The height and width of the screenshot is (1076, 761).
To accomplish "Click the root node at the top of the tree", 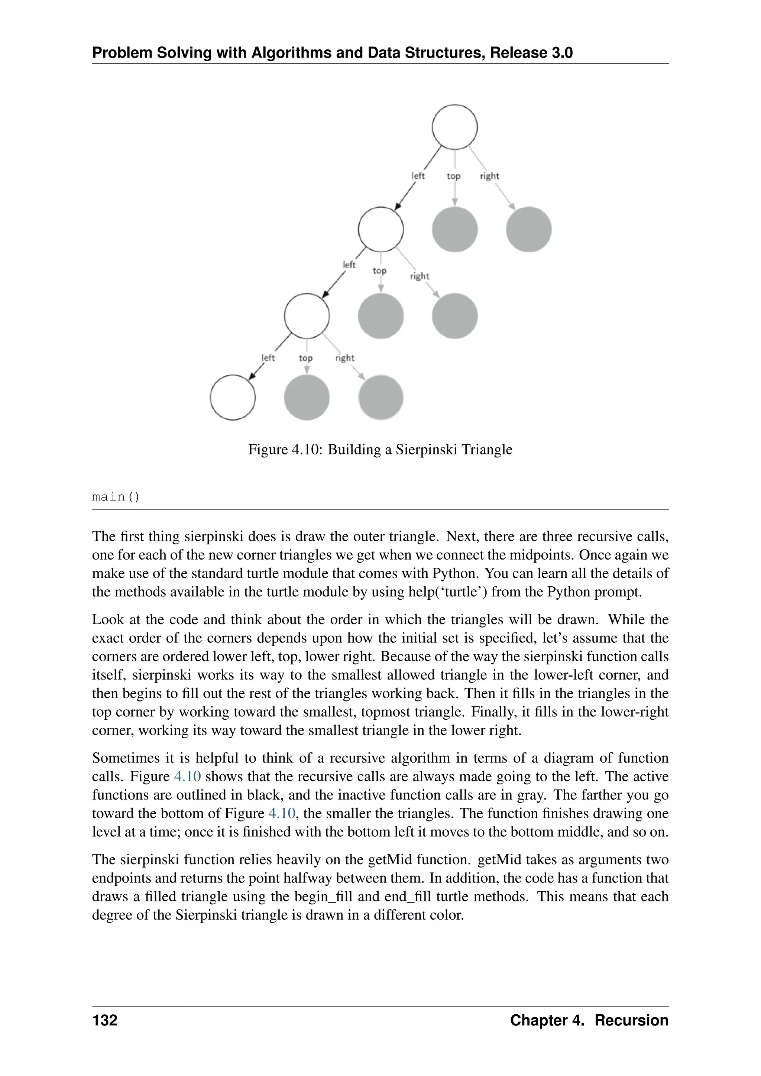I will [x=454, y=127].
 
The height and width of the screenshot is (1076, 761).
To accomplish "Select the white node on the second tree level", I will [x=380, y=230].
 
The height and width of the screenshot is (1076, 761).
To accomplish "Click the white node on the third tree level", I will [x=307, y=316].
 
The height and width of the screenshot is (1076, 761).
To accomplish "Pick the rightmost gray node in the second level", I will [x=529, y=230].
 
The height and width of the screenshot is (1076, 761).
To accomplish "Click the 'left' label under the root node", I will [x=418, y=176].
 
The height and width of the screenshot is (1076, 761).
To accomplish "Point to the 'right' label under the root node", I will [x=489, y=176].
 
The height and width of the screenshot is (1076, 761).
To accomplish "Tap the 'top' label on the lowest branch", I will [x=305, y=358].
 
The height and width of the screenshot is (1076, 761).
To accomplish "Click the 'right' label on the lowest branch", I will [x=344, y=358].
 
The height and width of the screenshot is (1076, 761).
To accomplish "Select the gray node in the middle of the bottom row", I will [x=307, y=398].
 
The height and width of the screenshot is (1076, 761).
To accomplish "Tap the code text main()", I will [x=116, y=497].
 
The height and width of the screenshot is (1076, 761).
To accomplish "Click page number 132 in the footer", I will [x=104, y=1020].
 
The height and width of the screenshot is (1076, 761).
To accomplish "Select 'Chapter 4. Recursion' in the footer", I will [x=589, y=1020].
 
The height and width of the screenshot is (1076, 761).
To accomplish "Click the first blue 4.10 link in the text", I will [x=187, y=777].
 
